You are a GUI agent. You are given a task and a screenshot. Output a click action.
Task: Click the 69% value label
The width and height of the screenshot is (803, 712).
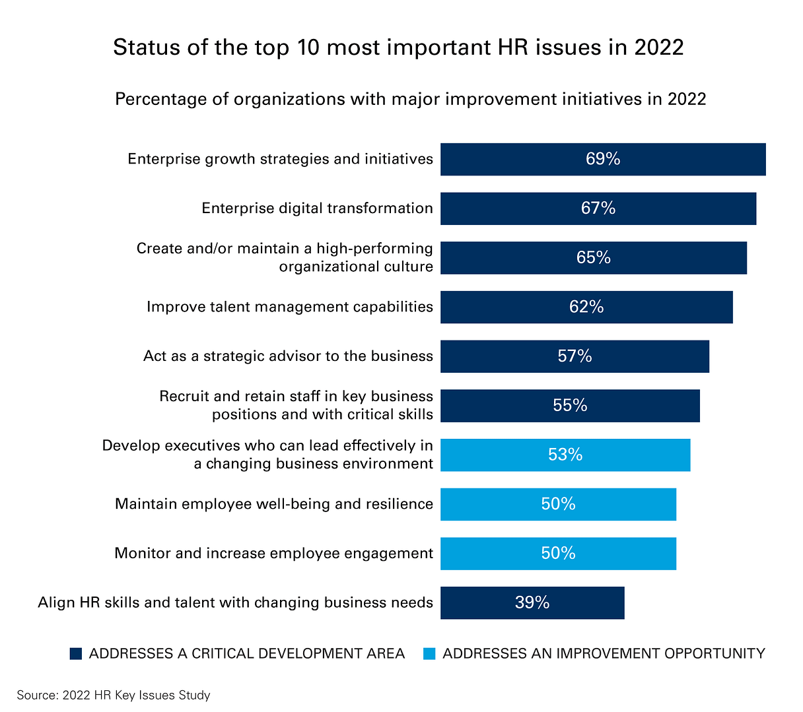(602, 159)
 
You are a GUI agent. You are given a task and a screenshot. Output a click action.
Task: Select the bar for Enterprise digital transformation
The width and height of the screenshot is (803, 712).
(598, 209)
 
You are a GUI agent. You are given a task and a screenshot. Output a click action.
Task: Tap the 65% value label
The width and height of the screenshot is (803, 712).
(593, 257)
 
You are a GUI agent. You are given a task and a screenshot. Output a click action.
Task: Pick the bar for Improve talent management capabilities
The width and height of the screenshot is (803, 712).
(586, 307)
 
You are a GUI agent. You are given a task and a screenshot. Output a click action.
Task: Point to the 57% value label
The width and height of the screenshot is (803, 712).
(575, 356)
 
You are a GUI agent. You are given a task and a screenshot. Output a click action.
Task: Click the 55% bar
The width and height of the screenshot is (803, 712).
(569, 406)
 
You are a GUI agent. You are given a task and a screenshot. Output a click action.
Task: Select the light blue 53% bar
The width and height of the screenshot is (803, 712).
(565, 455)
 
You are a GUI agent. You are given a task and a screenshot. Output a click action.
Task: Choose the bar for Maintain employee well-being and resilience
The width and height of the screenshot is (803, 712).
(558, 504)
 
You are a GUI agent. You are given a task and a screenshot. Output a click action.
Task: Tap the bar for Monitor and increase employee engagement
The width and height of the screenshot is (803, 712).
(558, 554)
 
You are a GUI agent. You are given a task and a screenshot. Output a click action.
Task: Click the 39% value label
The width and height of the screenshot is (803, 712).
(532, 602)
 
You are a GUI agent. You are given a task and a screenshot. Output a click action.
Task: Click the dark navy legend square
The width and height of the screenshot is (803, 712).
(76, 653)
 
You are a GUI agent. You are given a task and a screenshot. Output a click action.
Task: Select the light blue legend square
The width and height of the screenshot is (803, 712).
(429, 653)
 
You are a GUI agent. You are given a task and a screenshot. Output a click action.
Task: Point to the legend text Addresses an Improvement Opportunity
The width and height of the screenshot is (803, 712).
(604, 653)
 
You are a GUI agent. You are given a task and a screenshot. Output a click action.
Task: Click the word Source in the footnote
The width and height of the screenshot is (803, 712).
(36, 695)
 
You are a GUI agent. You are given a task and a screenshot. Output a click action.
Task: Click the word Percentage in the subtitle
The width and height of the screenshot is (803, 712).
(160, 99)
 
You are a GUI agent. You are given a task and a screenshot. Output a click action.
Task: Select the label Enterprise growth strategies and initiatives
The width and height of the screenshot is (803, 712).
(280, 159)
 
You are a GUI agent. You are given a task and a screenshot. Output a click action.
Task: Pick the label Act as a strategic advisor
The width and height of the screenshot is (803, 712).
(288, 356)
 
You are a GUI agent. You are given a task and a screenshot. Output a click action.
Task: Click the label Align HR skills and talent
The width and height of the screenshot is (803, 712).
(235, 602)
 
